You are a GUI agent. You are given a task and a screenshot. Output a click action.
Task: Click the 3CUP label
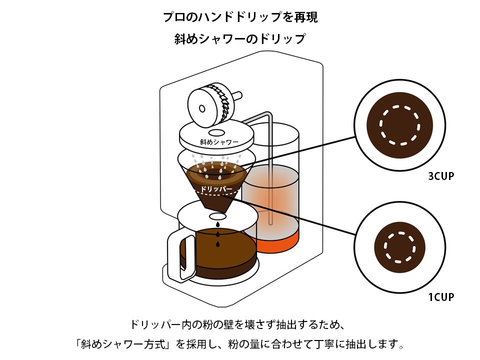(440, 176)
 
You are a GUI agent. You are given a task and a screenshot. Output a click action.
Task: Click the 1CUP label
(440, 297)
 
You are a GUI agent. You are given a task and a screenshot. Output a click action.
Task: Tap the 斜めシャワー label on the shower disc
(219, 142)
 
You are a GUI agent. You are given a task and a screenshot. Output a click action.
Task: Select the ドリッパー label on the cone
(215, 189)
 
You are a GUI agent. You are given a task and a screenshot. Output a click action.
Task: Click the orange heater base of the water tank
(277, 242)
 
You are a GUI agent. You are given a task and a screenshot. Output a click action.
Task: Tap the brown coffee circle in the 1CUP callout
(399, 246)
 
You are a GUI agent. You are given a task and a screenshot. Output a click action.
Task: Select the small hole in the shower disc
(216, 132)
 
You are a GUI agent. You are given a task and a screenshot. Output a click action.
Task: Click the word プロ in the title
(172, 17)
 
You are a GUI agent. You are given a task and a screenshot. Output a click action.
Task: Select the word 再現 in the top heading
(306, 17)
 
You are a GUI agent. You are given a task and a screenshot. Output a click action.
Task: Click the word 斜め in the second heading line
(184, 39)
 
